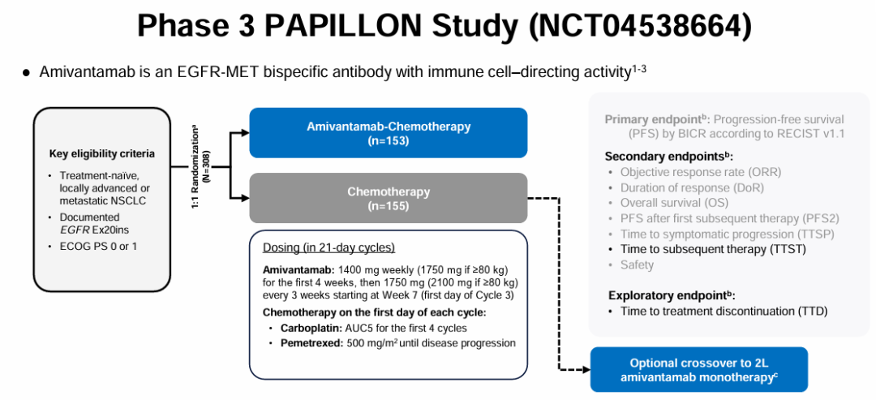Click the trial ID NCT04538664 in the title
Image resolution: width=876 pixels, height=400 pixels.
pos(641,26)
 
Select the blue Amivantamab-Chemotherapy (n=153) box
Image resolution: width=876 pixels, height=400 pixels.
pos(389,133)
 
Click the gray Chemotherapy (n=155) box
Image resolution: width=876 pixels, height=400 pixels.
pos(389,199)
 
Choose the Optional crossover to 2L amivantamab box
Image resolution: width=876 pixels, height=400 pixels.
pos(698,370)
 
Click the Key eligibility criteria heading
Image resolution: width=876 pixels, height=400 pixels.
pos(101,153)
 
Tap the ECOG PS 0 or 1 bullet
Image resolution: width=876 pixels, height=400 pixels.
pos(98,245)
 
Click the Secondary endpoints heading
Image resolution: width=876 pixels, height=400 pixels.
pos(668,156)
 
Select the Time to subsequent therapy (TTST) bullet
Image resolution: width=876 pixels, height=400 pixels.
pos(713,249)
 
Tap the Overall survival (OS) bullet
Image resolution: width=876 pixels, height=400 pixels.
pos(674,203)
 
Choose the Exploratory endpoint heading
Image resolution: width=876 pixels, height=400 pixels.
pos(672,295)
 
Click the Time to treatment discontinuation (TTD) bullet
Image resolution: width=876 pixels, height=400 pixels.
pos(724,311)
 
